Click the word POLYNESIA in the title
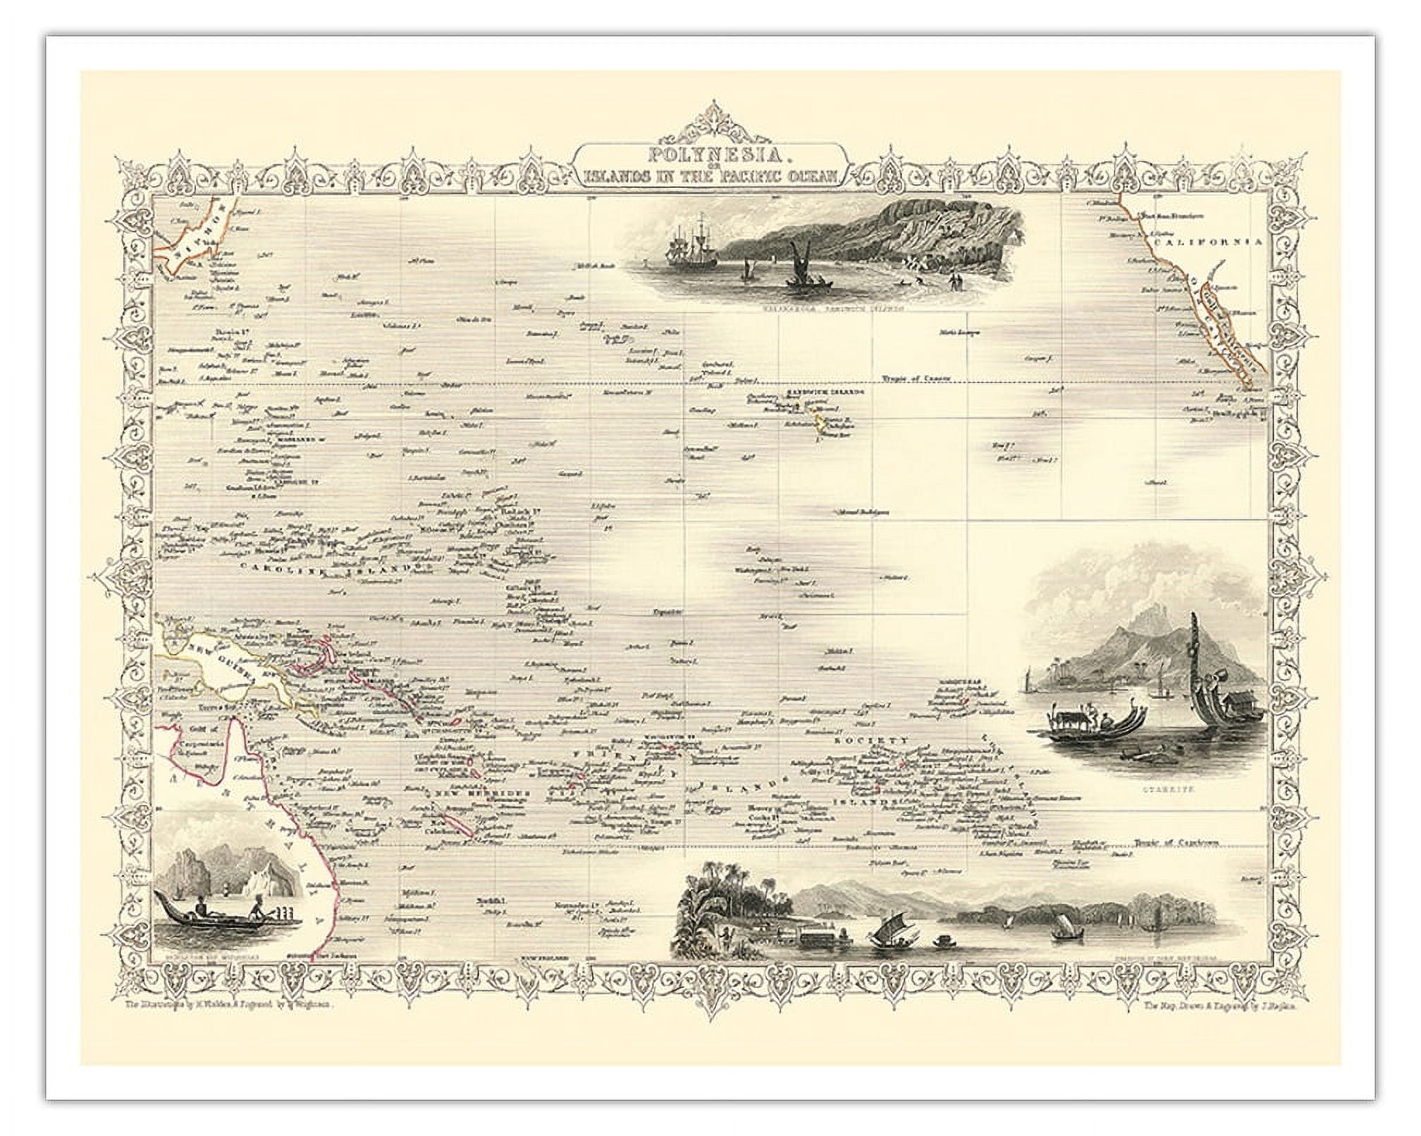pyautogui.click(x=706, y=155)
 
